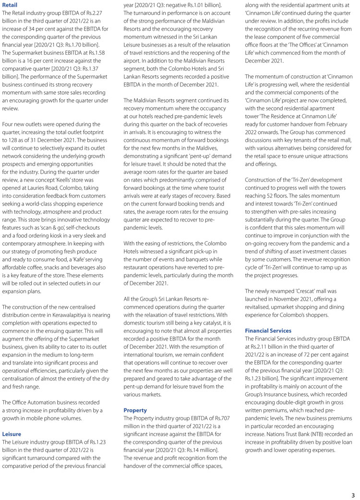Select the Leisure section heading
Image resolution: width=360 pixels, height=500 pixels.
pos(12,434)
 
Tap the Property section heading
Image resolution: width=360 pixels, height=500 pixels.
pos(135,410)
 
